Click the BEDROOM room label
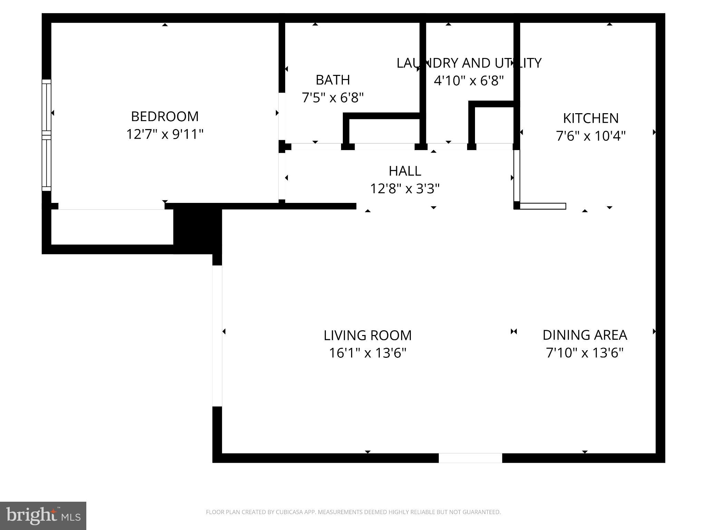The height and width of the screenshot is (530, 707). (x=165, y=117)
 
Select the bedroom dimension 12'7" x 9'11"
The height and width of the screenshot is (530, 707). (x=165, y=134)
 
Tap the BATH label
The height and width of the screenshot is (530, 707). (x=333, y=80)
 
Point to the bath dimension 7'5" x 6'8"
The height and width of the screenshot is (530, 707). (x=333, y=98)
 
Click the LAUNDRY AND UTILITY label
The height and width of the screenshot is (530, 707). (x=469, y=63)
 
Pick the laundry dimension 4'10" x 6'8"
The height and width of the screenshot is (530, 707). (x=469, y=81)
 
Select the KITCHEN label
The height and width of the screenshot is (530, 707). (x=591, y=118)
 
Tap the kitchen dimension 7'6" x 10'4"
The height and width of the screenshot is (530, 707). (x=591, y=136)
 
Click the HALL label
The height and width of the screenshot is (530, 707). (x=405, y=171)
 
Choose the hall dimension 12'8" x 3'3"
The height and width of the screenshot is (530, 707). (x=405, y=189)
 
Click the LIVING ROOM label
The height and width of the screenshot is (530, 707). (x=368, y=335)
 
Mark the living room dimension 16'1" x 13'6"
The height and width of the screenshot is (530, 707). (x=368, y=353)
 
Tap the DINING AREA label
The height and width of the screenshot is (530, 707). (x=585, y=335)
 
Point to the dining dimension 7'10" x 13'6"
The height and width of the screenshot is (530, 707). (x=585, y=353)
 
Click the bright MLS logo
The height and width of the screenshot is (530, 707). (x=43, y=516)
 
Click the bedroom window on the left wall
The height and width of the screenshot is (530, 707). (x=47, y=135)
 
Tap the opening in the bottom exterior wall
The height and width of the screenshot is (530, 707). (x=470, y=458)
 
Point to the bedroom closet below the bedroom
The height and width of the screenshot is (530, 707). (x=112, y=227)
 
